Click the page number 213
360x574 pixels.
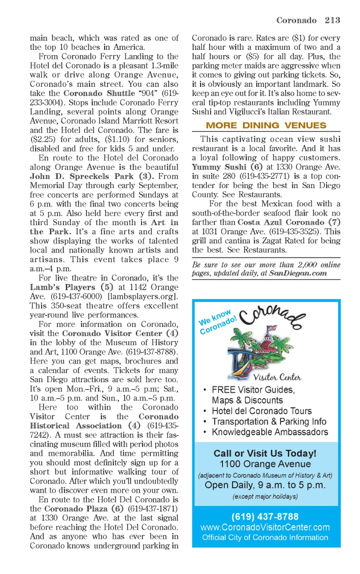pos(332,20)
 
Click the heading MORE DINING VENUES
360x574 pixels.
pos(266,125)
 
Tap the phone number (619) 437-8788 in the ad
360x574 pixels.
pos(265,517)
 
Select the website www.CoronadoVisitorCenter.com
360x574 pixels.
pos(265,527)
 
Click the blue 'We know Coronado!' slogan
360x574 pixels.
pos(217,322)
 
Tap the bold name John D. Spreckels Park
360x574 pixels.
pos(82,176)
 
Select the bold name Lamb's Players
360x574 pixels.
pos(63,287)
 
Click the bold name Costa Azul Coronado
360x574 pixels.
pos(281,222)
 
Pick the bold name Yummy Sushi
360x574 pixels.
pos(219,167)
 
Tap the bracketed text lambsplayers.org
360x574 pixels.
pos(143,296)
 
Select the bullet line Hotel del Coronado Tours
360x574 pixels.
pos(262,411)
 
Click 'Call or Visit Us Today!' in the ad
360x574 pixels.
pos(265,453)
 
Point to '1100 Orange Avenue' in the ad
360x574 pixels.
pos(265,464)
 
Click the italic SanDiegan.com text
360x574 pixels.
pos(298,273)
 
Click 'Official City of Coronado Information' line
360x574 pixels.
pos(265,537)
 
